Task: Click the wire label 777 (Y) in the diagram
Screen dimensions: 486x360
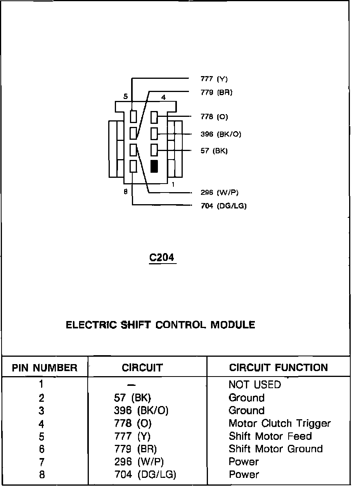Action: click(x=214, y=79)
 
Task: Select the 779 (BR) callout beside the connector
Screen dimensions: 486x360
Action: click(x=216, y=93)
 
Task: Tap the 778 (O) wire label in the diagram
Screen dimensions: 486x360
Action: click(x=214, y=117)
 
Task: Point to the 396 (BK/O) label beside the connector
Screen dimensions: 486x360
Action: click(x=221, y=134)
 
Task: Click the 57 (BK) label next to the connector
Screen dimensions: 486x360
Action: click(x=214, y=151)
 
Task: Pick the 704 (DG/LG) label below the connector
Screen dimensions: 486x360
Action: click(x=223, y=206)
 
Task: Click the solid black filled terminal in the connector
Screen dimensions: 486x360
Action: click(x=154, y=166)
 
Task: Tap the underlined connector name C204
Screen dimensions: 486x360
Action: click(x=162, y=258)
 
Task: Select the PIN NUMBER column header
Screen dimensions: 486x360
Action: click(x=45, y=368)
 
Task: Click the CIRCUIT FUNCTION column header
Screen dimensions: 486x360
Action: click(x=278, y=368)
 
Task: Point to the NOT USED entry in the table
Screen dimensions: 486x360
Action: click(x=254, y=385)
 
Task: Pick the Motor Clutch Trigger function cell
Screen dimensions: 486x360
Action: click(x=279, y=423)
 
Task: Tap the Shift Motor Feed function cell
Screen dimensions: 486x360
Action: click(x=270, y=436)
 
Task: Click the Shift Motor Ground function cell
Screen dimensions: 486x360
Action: click(x=275, y=449)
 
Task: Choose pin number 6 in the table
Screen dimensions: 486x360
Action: click(x=42, y=449)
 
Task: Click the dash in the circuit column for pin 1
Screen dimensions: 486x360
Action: click(x=132, y=385)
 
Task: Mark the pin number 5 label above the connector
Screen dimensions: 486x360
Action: click(x=125, y=97)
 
